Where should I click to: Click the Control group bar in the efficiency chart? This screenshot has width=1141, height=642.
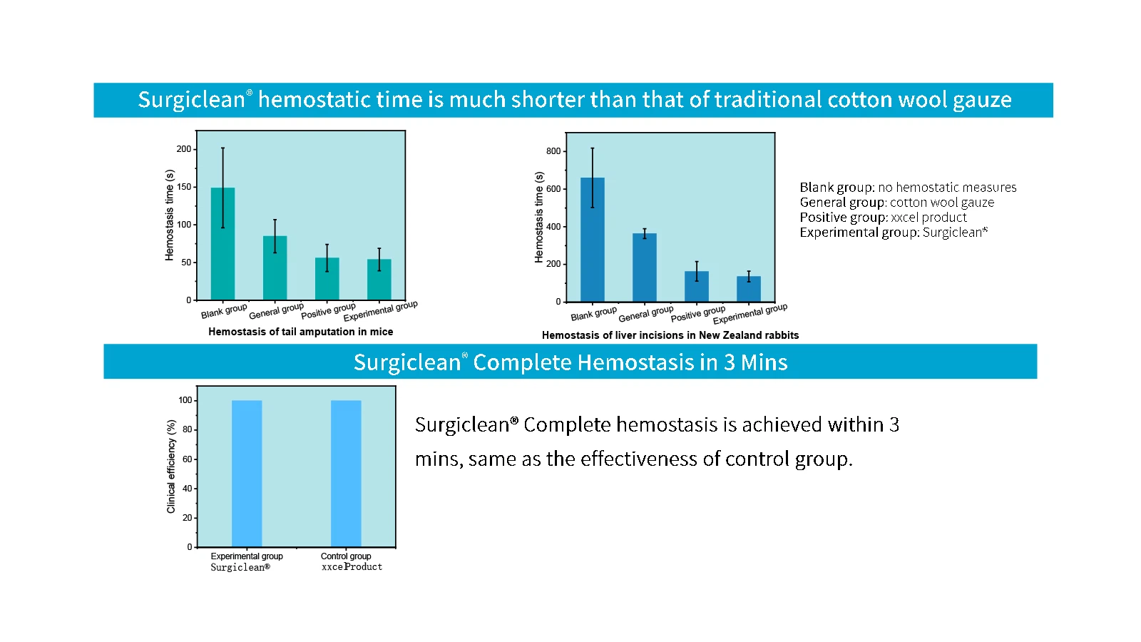point(346,474)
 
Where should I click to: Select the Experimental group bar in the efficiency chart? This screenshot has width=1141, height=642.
point(247,474)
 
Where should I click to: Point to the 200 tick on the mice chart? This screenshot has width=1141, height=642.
point(184,149)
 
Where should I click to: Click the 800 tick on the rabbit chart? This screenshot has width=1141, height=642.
point(553,151)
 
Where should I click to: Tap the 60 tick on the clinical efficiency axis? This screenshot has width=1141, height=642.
point(188,459)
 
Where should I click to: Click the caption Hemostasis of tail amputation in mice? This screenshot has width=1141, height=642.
point(300,332)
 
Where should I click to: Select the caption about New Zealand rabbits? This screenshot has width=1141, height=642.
point(670,335)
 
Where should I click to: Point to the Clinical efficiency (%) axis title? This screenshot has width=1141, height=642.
point(171,467)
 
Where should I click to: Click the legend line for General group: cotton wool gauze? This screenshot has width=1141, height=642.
point(896,203)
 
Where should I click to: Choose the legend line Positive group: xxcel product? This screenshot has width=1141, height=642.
point(883,218)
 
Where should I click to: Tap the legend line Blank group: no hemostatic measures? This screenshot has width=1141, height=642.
point(908,188)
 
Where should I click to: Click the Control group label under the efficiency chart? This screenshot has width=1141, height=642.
point(346,556)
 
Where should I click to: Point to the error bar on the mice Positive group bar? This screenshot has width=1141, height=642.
point(327,258)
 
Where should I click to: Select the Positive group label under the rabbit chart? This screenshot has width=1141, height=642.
point(697,313)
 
